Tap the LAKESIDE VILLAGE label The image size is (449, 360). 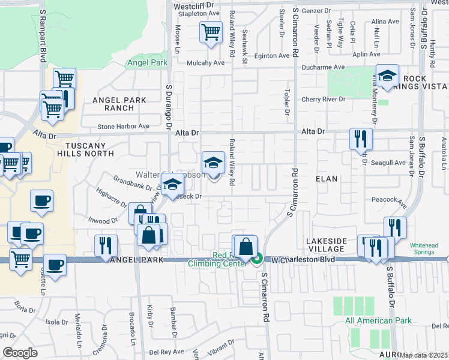coord(327,245)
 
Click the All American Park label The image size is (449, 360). coord(378,321)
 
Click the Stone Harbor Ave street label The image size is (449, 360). coord(123,127)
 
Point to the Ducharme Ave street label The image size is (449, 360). coord(323,68)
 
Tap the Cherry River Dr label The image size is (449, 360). coord(324,99)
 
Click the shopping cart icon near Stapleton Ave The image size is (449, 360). coord(211,32)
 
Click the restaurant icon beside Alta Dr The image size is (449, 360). coord(361,139)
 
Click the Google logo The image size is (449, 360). coord(20,353)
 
